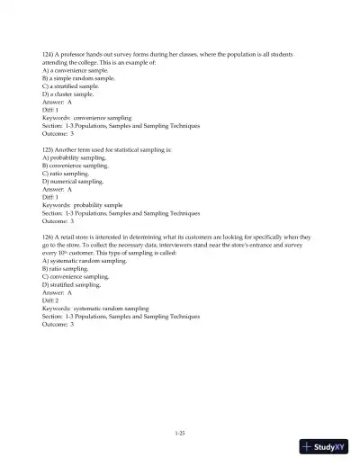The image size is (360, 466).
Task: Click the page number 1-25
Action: (180, 433)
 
